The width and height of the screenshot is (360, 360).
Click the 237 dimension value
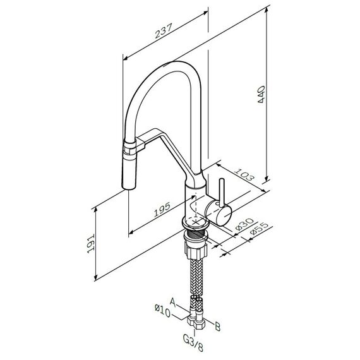164,31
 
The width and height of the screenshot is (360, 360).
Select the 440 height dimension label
261,94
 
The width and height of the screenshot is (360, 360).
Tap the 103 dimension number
244,174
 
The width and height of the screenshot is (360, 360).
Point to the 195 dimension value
162,210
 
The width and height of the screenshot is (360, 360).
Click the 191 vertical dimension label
91,244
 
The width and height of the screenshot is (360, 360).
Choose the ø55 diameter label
259,228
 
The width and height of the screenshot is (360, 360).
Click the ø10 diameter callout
163,310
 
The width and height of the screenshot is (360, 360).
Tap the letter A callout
172,302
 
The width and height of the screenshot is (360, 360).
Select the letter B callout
217,327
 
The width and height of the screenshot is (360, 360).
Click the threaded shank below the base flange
196,233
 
